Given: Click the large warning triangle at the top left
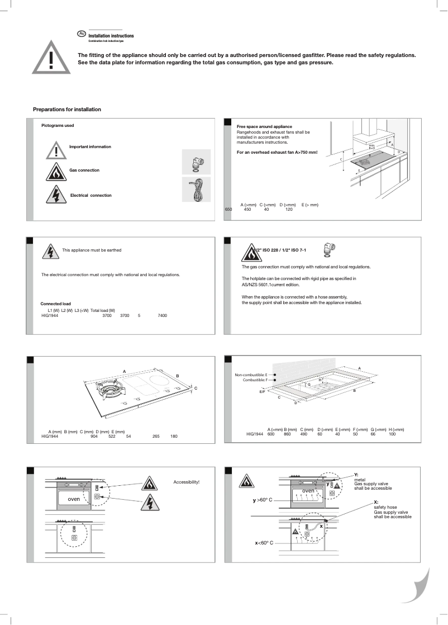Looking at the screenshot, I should [51, 58].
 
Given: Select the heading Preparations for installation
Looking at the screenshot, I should [66, 109].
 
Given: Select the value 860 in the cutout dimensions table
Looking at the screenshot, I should [287, 434].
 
